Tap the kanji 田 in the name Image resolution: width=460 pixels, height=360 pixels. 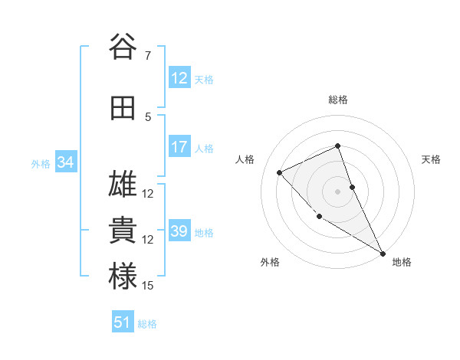point(123,109)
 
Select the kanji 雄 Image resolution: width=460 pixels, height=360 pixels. point(123,185)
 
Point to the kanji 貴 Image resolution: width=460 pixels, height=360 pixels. point(123,231)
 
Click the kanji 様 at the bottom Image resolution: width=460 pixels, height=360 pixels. point(123,277)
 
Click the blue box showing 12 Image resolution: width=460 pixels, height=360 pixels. point(179,77)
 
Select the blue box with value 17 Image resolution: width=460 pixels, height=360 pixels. point(179,147)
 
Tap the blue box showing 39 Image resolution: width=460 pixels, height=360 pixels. point(179,231)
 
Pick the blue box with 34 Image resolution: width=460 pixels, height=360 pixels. point(65,162)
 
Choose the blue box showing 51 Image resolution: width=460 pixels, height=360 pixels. point(123,322)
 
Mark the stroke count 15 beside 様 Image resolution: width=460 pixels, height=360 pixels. point(148,286)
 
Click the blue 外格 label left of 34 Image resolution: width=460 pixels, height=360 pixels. point(41,163)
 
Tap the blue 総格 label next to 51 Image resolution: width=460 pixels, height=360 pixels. point(147,324)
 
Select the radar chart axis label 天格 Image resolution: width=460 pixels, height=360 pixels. point(431,159)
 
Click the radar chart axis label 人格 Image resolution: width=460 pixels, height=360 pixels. point(245,159)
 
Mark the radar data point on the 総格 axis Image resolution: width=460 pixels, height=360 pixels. point(337,146)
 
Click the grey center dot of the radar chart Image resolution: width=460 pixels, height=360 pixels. point(337,191)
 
